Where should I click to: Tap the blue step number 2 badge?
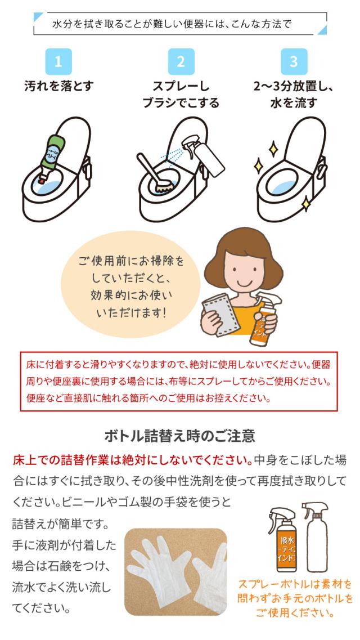click(x=181, y=62)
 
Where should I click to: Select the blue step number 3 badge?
click(x=294, y=62)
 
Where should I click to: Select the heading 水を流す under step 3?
click(x=294, y=102)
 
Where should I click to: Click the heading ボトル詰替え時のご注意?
click(x=180, y=436)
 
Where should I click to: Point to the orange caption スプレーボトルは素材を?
click(x=295, y=583)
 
